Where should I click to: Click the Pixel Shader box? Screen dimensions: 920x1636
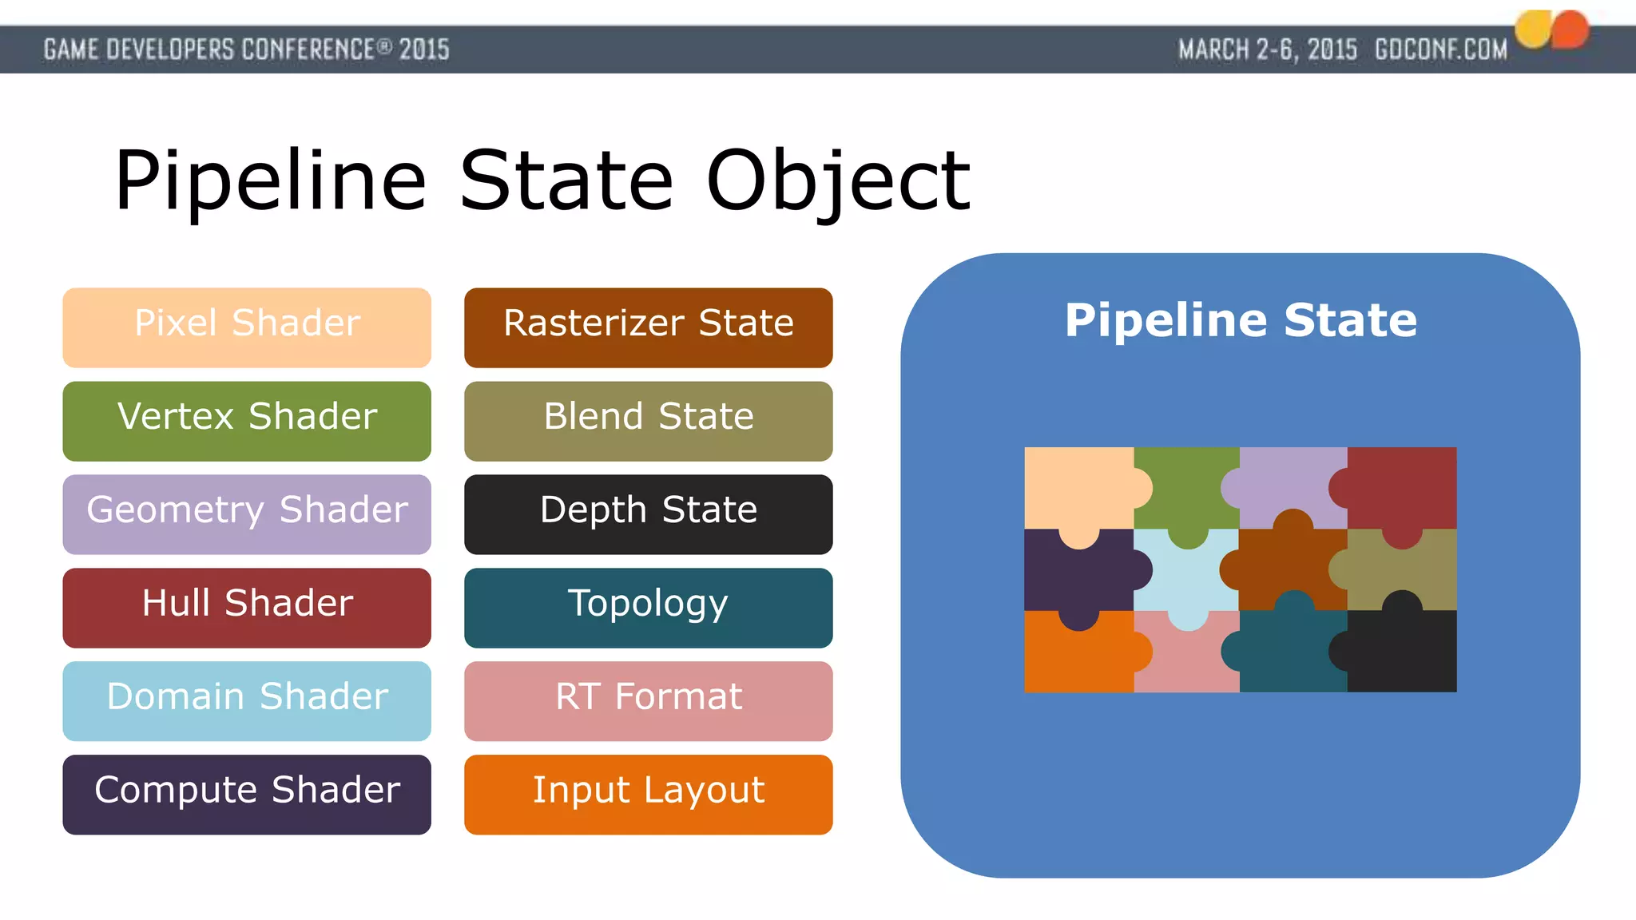tap(247, 327)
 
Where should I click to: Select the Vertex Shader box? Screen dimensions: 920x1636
tap(247, 421)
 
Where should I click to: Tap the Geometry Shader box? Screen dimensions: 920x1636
tap(247, 514)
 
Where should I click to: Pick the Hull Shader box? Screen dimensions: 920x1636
tap(247, 608)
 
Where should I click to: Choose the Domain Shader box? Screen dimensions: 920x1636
tap(247, 701)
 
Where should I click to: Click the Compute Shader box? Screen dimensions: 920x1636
tap(247, 795)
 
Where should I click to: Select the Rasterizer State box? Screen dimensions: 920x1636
tap(648, 327)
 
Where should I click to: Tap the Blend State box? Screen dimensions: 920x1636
tap(648, 421)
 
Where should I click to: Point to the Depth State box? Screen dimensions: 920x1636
tap(648, 514)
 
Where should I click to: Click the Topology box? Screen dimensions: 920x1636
tap(648, 608)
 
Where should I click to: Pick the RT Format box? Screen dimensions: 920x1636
tap(648, 701)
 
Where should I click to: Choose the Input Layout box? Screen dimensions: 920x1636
tap(648, 795)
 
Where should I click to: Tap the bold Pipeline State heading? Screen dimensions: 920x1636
tap(1240, 320)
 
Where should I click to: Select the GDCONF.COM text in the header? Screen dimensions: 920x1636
tap(1440, 50)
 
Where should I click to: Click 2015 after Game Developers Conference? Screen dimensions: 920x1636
tap(424, 50)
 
